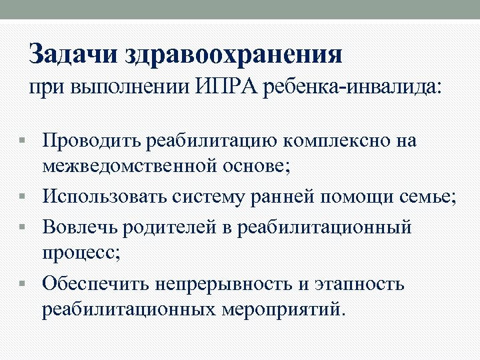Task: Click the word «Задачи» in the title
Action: tap(74, 54)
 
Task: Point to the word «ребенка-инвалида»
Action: tap(352, 88)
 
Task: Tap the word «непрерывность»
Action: tap(223, 284)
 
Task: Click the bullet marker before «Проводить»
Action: tap(24, 141)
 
